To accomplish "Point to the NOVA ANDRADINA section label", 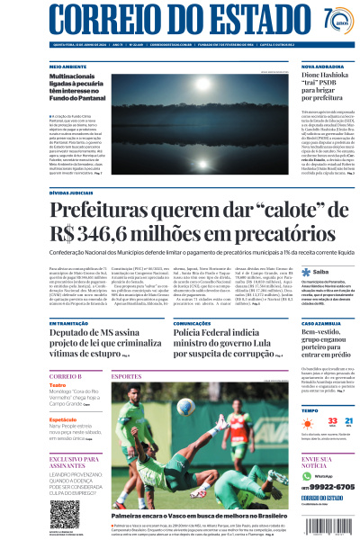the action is click(321, 67).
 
